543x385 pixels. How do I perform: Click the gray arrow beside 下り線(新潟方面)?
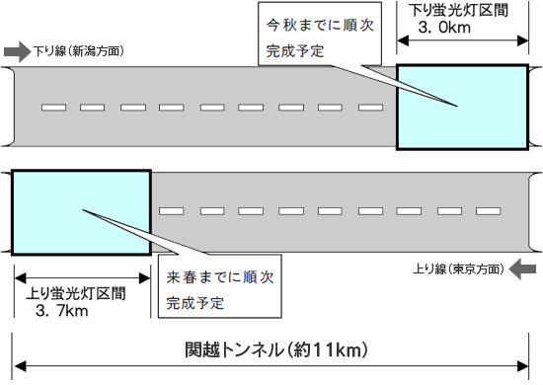point(17,49)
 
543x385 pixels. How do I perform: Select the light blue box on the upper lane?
point(460,107)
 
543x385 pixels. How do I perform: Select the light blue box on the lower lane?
point(81,211)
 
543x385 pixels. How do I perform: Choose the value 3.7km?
point(61,313)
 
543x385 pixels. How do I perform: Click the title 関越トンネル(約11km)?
point(276,348)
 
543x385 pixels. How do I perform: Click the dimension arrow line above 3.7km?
point(81,278)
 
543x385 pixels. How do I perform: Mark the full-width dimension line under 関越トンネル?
point(276,366)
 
